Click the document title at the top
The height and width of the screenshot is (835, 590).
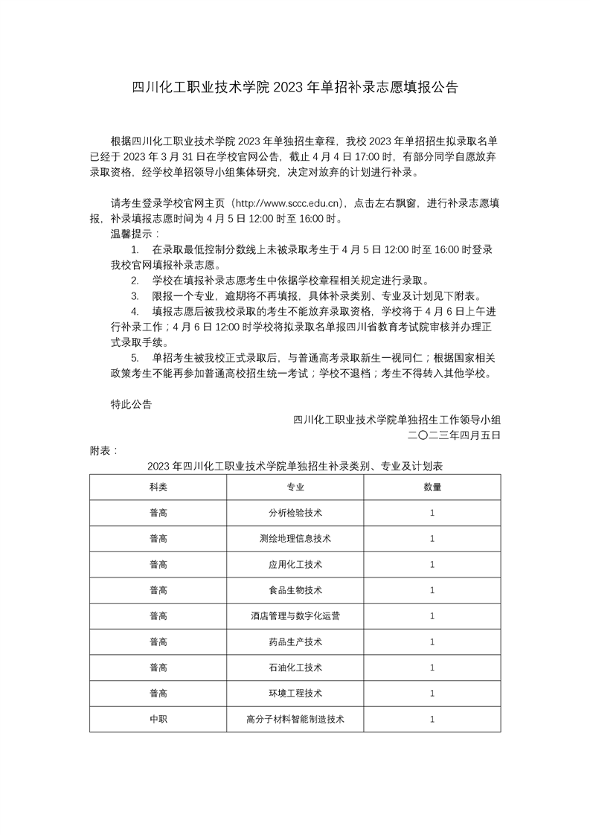(x=295, y=87)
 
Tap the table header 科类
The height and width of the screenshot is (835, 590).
(x=158, y=487)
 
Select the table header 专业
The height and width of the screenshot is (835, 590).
(x=295, y=487)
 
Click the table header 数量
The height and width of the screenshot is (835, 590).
(x=432, y=487)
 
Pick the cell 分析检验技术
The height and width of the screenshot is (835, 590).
(x=295, y=514)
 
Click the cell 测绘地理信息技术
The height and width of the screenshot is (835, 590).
(x=295, y=539)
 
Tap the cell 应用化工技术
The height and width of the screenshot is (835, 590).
(x=295, y=565)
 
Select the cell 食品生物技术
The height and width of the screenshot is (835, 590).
(x=295, y=590)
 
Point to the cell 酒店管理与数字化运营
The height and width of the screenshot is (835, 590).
(x=295, y=616)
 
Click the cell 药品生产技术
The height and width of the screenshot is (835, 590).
(x=295, y=642)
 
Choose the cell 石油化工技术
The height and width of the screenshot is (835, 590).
(x=295, y=668)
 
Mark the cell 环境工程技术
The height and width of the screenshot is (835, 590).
(x=295, y=694)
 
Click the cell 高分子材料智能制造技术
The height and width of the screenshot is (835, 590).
(x=295, y=720)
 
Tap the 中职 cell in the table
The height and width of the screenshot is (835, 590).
(x=158, y=720)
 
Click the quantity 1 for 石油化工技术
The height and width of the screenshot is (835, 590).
(x=432, y=668)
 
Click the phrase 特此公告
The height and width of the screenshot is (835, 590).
(x=130, y=404)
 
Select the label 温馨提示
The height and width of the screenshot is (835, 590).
(x=129, y=234)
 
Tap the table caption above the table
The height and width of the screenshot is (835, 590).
(x=295, y=467)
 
